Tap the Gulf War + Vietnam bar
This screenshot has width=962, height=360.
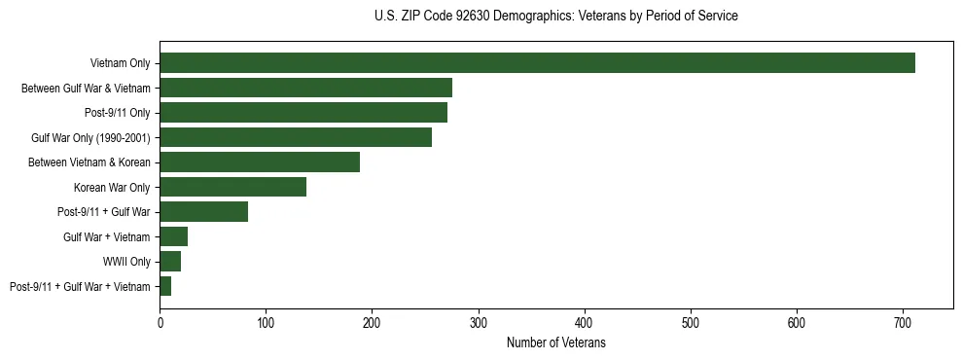173,236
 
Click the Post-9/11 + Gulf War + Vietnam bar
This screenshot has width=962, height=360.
165,286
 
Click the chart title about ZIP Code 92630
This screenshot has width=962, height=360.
555,17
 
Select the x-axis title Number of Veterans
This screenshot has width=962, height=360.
555,343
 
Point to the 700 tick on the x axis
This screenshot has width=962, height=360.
903,321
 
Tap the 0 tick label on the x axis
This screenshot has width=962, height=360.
160,321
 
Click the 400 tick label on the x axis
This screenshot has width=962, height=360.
585,321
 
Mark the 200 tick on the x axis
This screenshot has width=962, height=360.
372,321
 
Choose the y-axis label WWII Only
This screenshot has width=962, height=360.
126,262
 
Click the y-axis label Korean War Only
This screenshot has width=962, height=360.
112,187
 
